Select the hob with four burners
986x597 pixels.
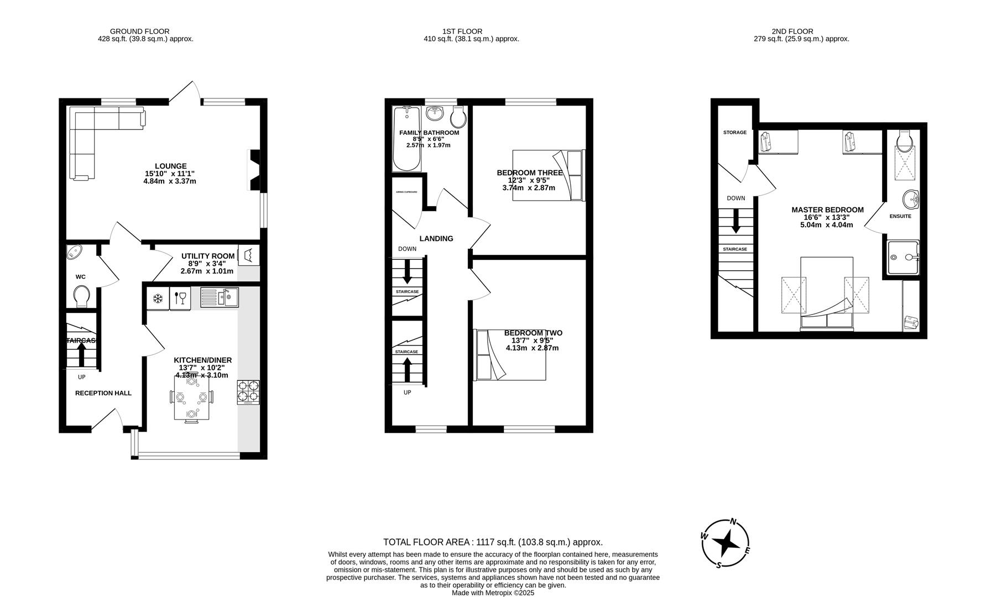[x=248, y=391]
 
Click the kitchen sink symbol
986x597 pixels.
[x=219, y=297]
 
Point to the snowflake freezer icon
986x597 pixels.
[x=158, y=298]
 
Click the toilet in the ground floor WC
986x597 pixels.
[x=81, y=296]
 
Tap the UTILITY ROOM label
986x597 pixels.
[x=208, y=256]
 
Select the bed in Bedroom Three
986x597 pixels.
[x=547, y=175]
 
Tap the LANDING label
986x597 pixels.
[x=436, y=239]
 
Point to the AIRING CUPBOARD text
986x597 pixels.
[x=406, y=192]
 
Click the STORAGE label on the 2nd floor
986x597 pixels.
[x=734, y=133]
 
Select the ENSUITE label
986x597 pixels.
[x=900, y=216]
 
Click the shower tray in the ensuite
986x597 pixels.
[x=902, y=258]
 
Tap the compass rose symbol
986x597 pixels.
[x=726, y=543]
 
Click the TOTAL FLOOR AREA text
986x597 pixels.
[x=493, y=542]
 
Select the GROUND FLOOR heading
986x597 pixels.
[x=139, y=32]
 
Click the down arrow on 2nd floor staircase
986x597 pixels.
[x=735, y=221]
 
